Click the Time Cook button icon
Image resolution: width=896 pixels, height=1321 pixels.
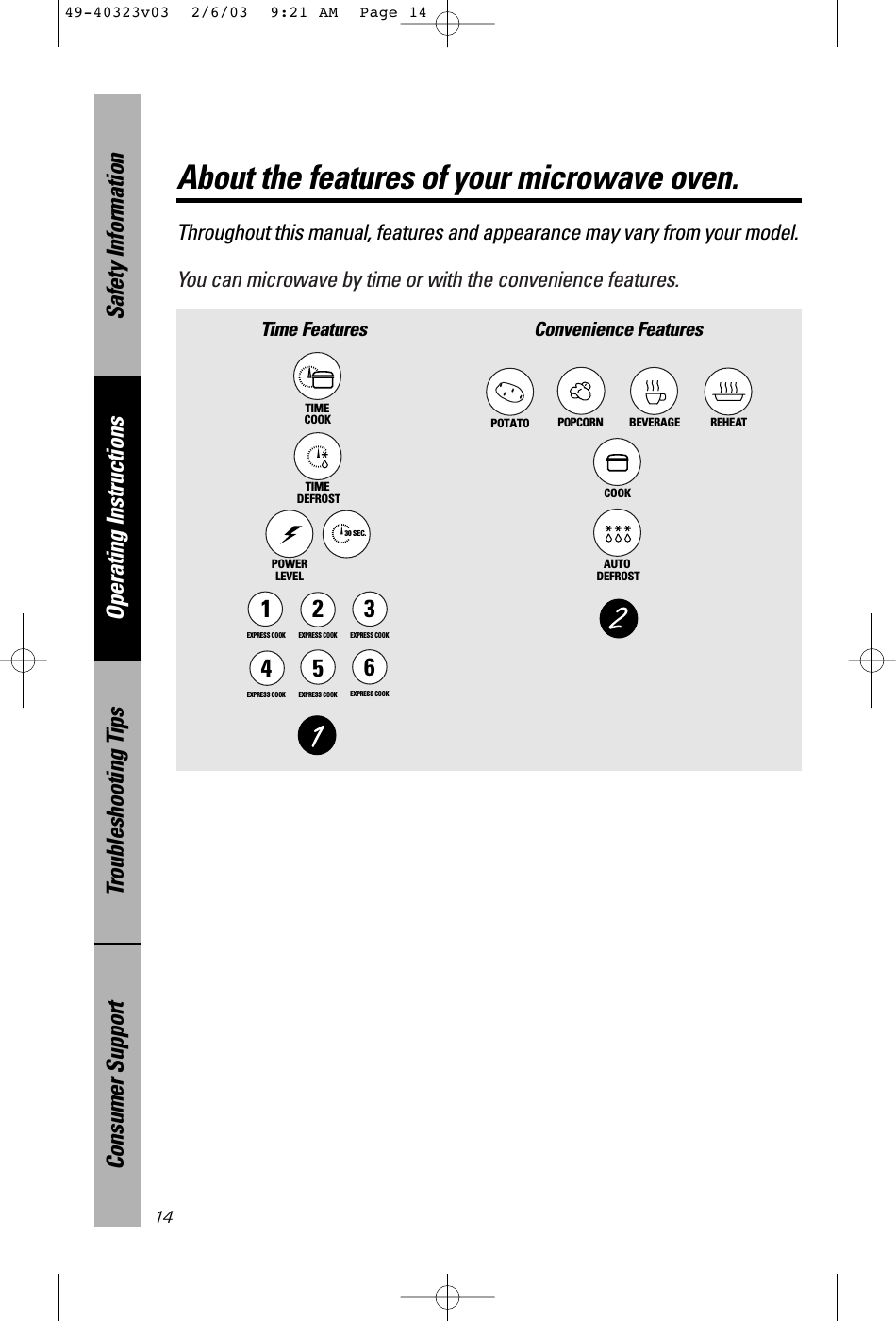[x=318, y=377]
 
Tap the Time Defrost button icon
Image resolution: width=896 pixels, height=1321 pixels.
[x=318, y=458]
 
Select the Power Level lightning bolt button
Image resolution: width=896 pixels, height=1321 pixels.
[x=290, y=534]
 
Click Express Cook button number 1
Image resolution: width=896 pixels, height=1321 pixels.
[x=267, y=610]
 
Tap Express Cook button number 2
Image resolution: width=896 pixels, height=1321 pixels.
[x=318, y=610]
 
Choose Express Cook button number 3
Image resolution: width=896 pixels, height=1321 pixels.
[x=369, y=610]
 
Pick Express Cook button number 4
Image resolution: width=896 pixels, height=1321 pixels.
[x=267, y=668]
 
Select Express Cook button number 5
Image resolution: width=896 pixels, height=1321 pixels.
[x=318, y=668]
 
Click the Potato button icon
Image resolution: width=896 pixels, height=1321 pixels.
[x=510, y=391]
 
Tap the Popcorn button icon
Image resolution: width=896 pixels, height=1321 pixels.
[x=581, y=390]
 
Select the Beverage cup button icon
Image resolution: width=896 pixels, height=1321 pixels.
[x=654, y=390]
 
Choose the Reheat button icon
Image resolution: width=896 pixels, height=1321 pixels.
[x=729, y=390]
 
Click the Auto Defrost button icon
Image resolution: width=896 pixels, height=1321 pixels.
[x=618, y=533]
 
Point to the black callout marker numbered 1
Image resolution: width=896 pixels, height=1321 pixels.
[x=318, y=735]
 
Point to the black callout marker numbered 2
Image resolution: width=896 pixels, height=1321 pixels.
[x=619, y=619]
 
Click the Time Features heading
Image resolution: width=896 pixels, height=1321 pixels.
[x=314, y=329]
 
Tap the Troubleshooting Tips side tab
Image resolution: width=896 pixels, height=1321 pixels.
[x=118, y=801]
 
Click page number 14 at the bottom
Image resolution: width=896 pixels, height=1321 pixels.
[x=164, y=1218]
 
